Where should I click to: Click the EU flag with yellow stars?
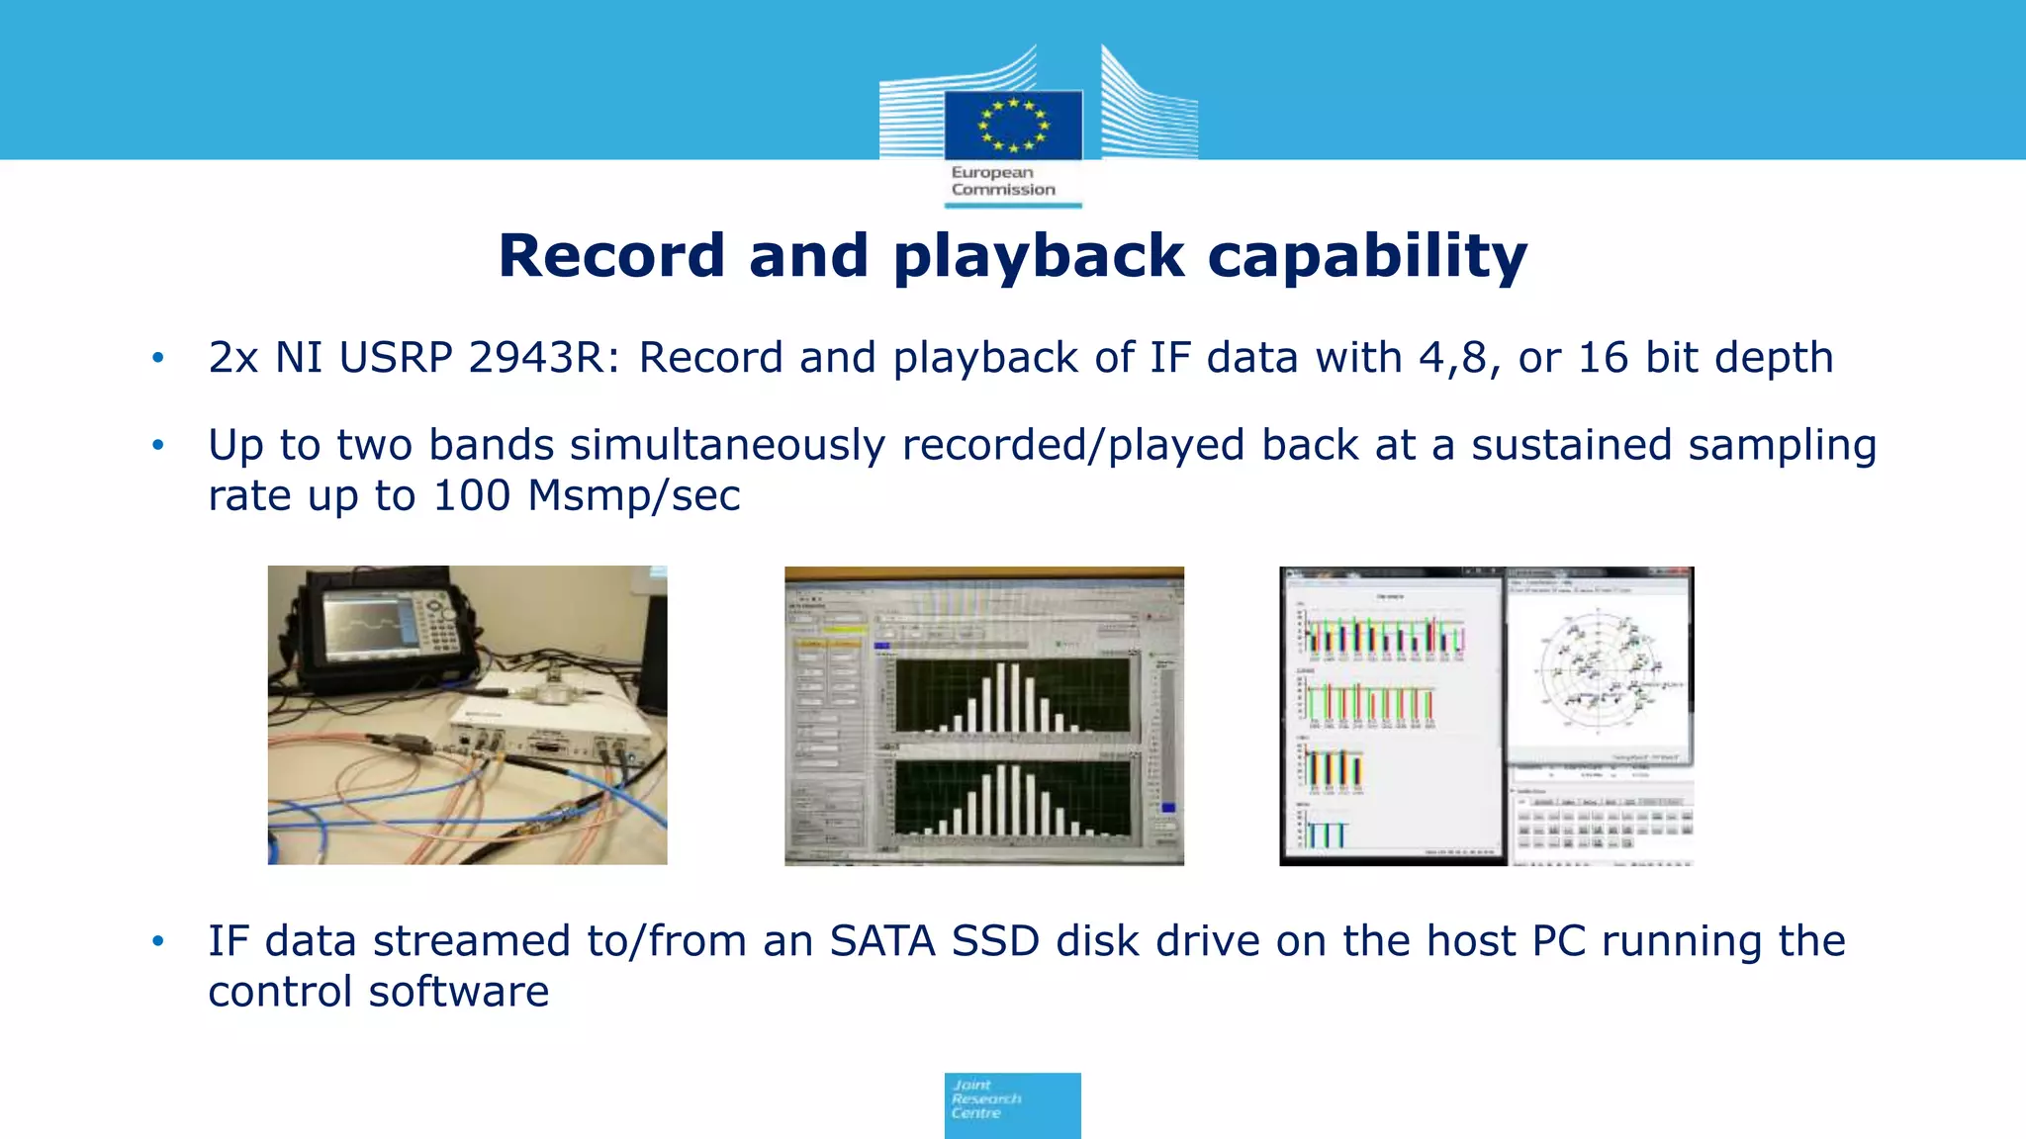click(1013, 125)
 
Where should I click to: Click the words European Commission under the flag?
click(1002, 181)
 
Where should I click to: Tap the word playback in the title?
click(1039, 256)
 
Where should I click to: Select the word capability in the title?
click(1367, 256)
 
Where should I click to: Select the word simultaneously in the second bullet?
click(727, 446)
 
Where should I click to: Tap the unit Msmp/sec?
click(634, 495)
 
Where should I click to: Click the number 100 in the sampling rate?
click(472, 495)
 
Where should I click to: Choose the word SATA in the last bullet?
click(882, 941)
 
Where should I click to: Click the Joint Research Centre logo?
click(1012, 1104)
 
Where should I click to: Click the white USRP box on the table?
click(550, 728)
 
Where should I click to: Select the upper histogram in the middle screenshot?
click(1011, 696)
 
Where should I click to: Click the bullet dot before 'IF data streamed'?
click(158, 941)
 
